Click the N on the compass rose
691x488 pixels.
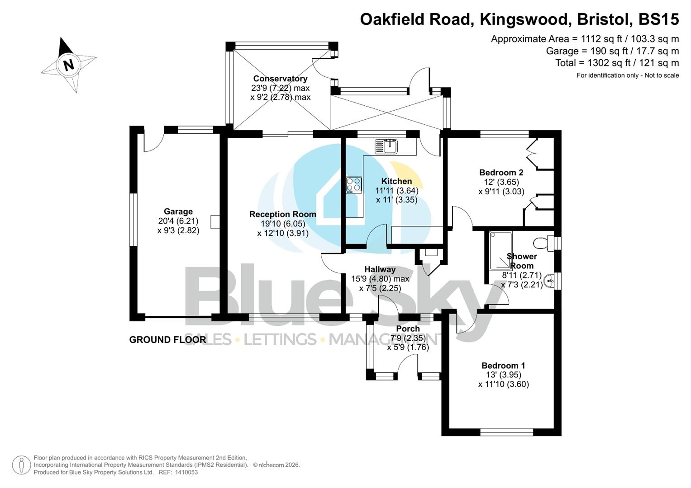[68, 65]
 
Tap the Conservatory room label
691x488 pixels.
[280, 79]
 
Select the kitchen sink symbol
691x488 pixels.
[386, 146]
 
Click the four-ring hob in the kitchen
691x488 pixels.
[354, 184]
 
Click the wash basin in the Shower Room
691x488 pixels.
[549, 280]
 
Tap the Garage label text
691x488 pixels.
[178, 211]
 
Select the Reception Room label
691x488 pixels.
[282, 214]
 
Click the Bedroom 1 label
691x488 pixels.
[503, 366]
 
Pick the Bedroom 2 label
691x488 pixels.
[501, 173]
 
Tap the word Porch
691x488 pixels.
[408, 328]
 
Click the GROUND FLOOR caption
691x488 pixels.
[167, 340]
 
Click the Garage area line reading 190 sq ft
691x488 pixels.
[612, 51]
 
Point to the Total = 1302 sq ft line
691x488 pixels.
[617, 63]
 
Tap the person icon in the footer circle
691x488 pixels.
[21, 465]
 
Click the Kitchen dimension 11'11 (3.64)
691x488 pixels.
[396, 191]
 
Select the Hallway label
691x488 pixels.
[380, 269]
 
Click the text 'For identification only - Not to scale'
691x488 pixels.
[627, 75]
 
